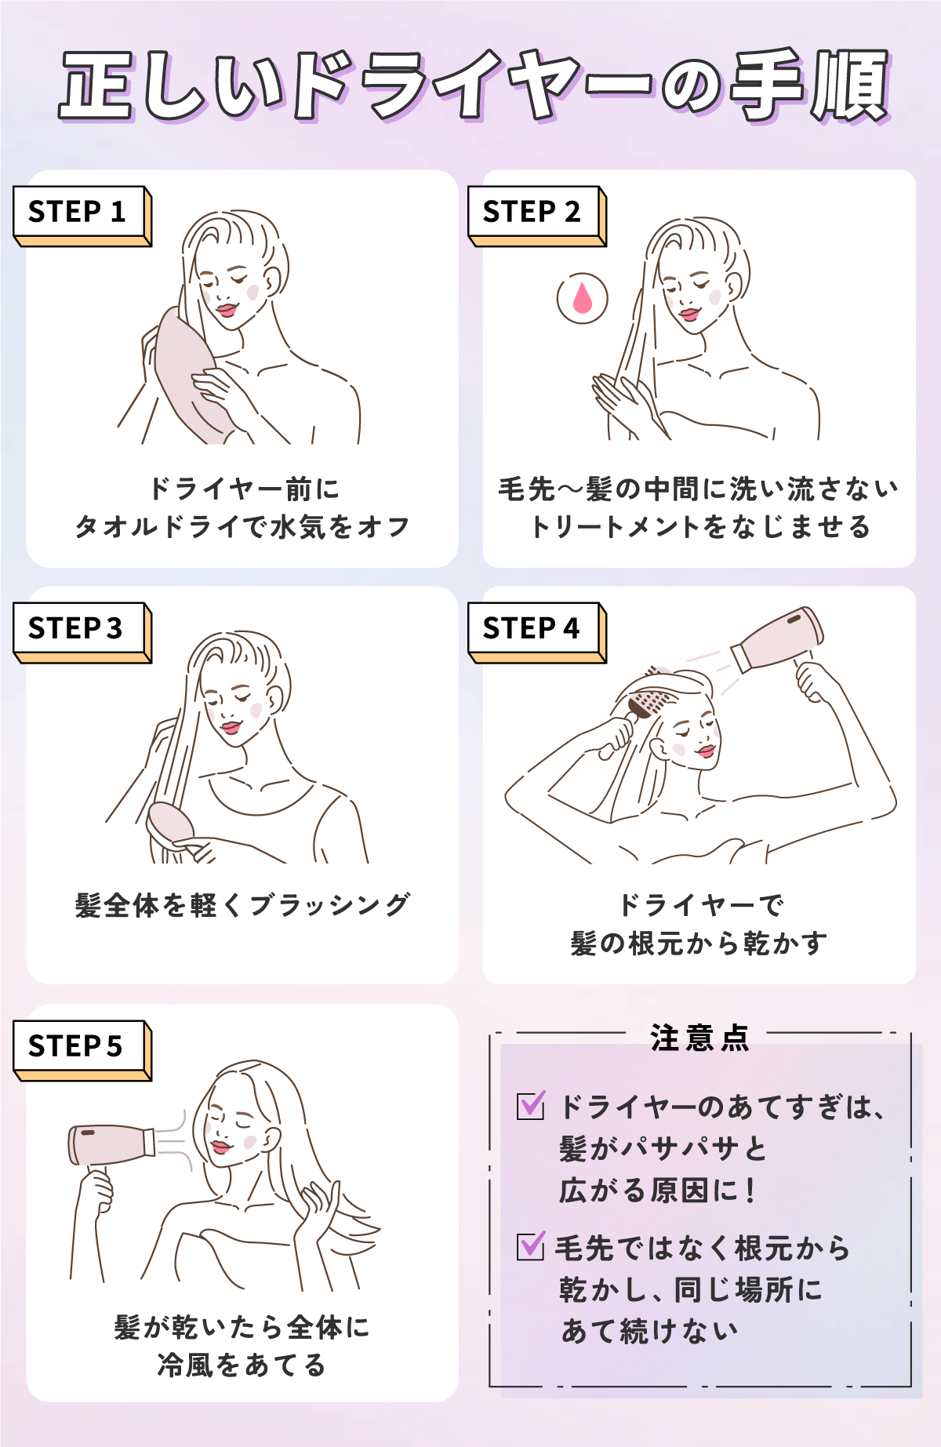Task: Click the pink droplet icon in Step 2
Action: click(582, 298)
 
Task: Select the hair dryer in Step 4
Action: click(776, 639)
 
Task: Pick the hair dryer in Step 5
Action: click(110, 1145)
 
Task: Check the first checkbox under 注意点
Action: click(531, 1106)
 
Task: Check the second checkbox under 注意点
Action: click(531, 1245)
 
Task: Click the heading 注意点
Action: click(699, 1038)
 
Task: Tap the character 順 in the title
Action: click(849, 86)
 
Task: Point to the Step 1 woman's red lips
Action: click(227, 310)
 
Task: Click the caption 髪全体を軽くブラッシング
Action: click(242, 905)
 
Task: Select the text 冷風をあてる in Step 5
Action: click(242, 1365)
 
